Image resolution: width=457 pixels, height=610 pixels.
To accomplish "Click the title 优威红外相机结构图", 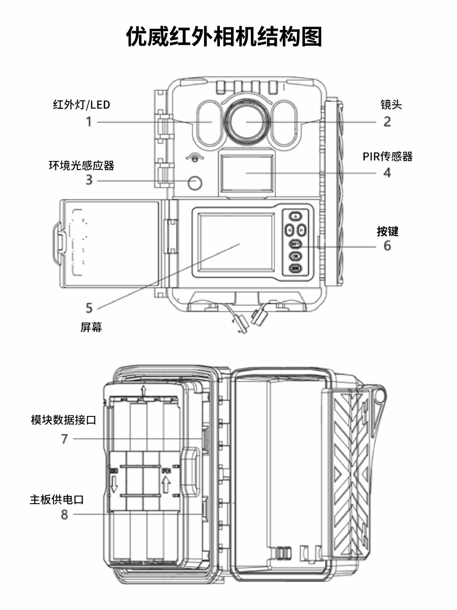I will click(x=224, y=37).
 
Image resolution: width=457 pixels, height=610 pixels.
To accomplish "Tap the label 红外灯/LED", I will click(x=81, y=104).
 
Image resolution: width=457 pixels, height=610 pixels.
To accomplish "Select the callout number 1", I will click(x=89, y=122).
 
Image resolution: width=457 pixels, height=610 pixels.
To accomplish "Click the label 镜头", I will click(x=391, y=104).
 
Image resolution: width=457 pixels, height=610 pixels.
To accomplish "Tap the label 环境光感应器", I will click(x=81, y=165).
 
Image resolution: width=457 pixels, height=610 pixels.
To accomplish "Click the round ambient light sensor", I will click(x=195, y=183).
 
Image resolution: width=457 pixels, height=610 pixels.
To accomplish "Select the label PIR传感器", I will click(x=387, y=156).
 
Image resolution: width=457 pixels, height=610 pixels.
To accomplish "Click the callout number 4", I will click(x=387, y=173).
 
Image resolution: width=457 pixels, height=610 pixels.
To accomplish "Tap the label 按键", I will click(x=387, y=231).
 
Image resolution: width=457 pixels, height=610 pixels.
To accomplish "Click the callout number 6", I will click(x=387, y=246).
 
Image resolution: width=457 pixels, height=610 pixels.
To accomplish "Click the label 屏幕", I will click(x=91, y=327).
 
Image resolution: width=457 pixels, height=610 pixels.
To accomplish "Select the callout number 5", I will click(x=89, y=307).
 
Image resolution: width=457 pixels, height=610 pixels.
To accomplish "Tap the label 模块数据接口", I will click(x=63, y=420).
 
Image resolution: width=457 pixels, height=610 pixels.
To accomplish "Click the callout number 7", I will click(x=64, y=439).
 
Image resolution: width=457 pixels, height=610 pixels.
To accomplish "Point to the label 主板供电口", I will click(x=57, y=499).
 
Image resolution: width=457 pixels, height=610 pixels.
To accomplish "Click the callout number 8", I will click(x=64, y=514).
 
